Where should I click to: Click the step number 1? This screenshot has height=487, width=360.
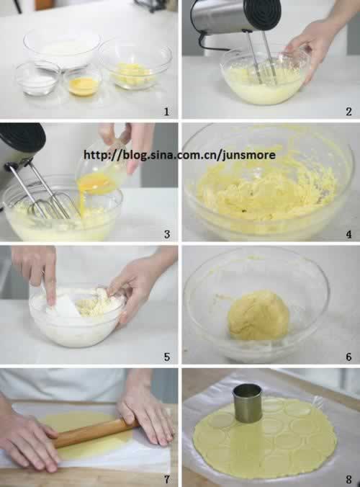click(166, 112)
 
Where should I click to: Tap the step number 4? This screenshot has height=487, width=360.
click(348, 234)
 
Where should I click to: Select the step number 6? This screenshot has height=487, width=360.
click(348, 357)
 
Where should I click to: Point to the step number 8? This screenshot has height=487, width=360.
click(348, 479)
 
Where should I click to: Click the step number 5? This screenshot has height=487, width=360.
click(167, 357)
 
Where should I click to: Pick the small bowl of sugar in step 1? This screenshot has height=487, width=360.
click(37, 79)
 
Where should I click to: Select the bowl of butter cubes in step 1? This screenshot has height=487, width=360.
click(135, 66)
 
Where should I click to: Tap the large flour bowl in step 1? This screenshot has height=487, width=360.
click(62, 48)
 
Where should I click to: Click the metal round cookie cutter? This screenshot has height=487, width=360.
click(248, 403)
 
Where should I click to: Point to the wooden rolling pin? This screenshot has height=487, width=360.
click(93, 432)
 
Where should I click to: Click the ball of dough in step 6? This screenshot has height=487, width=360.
click(258, 316)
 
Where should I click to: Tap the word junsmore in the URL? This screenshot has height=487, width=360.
click(249, 155)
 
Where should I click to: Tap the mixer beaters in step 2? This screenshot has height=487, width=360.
click(264, 59)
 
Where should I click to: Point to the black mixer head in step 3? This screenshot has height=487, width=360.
click(22, 137)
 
